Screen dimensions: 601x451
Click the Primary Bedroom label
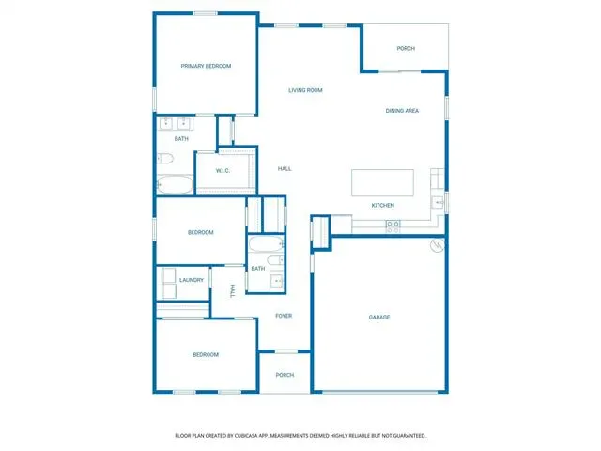click(206, 66)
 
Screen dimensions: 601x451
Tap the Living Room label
click(305, 90)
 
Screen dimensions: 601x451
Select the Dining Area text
click(402, 111)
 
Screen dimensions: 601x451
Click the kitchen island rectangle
click(382, 182)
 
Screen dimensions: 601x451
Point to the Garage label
click(379, 318)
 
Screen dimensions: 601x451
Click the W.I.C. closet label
click(223, 171)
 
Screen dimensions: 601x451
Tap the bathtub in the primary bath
click(175, 185)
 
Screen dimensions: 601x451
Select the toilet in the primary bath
click(165, 159)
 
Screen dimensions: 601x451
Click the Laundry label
click(192, 280)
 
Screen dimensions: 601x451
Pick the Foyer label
click(284, 316)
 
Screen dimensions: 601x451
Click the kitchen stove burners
click(393, 226)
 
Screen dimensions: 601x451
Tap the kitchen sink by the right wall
click(438, 202)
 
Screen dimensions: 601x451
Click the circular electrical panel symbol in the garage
click(438, 245)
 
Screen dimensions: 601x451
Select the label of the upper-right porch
click(406, 48)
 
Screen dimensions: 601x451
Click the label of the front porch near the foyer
click(285, 375)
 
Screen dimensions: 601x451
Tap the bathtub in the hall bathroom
click(266, 244)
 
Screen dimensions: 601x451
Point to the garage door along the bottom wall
click(379, 392)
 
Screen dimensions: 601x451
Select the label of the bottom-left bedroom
click(206, 355)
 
